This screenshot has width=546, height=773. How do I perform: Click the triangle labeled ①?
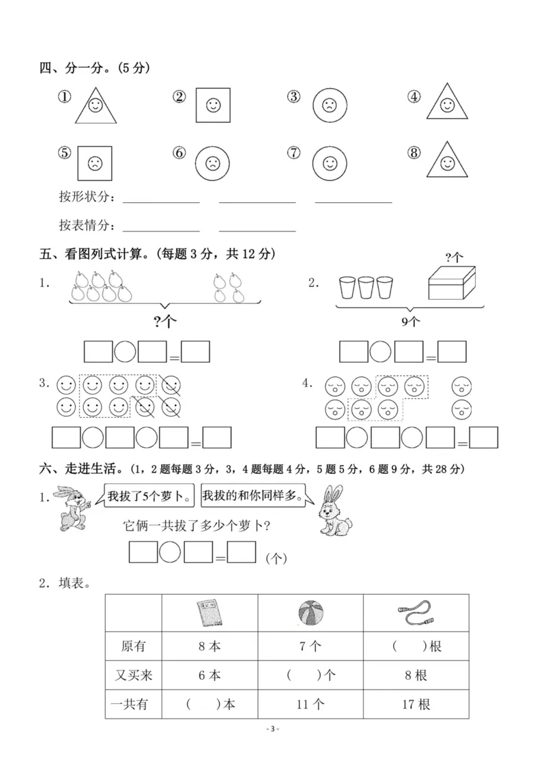coord(96,104)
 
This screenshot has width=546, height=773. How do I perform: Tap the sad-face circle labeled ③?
coord(330,105)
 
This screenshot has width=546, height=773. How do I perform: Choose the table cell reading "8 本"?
coord(210,645)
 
